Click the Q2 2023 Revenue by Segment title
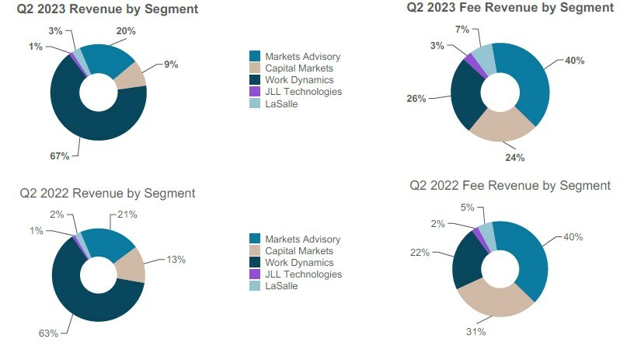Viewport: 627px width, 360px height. click(x=107, y=9)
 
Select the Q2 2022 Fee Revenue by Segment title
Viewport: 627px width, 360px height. click(x=510, y=185)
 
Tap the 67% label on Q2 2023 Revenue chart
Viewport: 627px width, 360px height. click(x=60, y=156)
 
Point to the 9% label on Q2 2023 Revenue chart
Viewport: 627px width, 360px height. click(x=171, y=65)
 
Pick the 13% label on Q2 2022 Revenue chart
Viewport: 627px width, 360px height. click(x=176, y=260)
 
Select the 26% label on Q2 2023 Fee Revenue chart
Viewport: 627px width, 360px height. click(x=416, y=98)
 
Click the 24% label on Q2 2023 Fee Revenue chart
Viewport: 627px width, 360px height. click(x=515, y=158)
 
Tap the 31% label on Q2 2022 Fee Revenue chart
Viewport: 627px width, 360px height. click(x=476, y=332)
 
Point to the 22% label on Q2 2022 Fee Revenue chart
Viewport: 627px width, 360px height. click(x=420, y=253)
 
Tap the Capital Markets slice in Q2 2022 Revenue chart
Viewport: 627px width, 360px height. click(x=131, y=265)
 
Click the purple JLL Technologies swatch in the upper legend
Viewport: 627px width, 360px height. click(x=255, y=92)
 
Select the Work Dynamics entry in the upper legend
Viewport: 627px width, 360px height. click(x=298, y=80)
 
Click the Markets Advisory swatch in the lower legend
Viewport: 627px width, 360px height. click(x=255, y=239)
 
